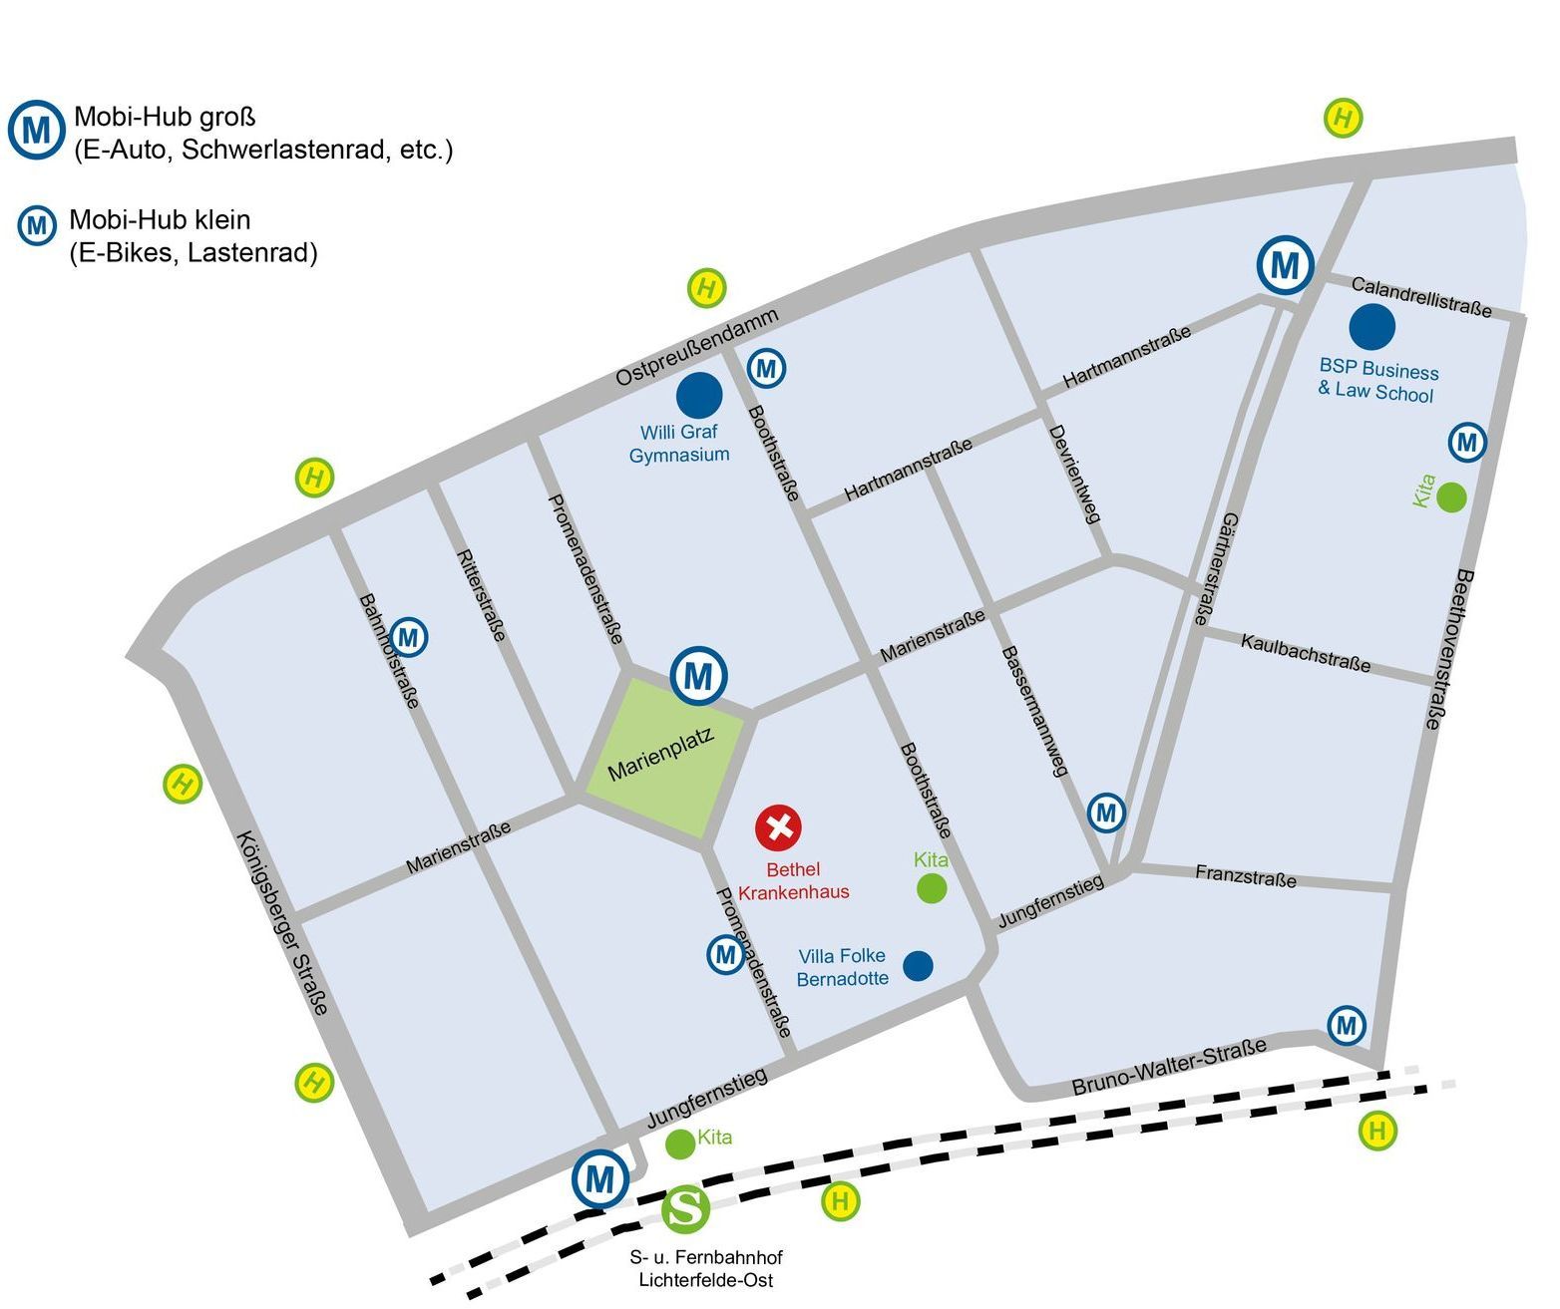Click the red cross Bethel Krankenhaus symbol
[778, 826]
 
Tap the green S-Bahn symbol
[686, 1208]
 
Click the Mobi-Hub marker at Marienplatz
[698, 676]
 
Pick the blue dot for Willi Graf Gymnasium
[699, 396]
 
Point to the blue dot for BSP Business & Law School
[1371, 326]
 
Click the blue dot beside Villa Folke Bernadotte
[918, 965]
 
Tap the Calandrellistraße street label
[1421, 298]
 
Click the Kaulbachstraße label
[1306, 653]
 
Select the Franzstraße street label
[1246, 877]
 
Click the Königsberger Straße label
[282, 922]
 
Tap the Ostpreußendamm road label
[696, 347]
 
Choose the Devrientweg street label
[1074, 474]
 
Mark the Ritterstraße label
[481, 595]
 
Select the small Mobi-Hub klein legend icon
[37, 225]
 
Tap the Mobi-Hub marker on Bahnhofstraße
[408, 636]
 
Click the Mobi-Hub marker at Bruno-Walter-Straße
[1346, 1025]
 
